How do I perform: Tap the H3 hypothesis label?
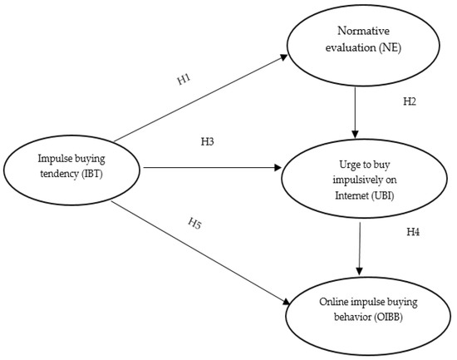coord(208,142)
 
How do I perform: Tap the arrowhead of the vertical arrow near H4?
coord(359,271)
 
